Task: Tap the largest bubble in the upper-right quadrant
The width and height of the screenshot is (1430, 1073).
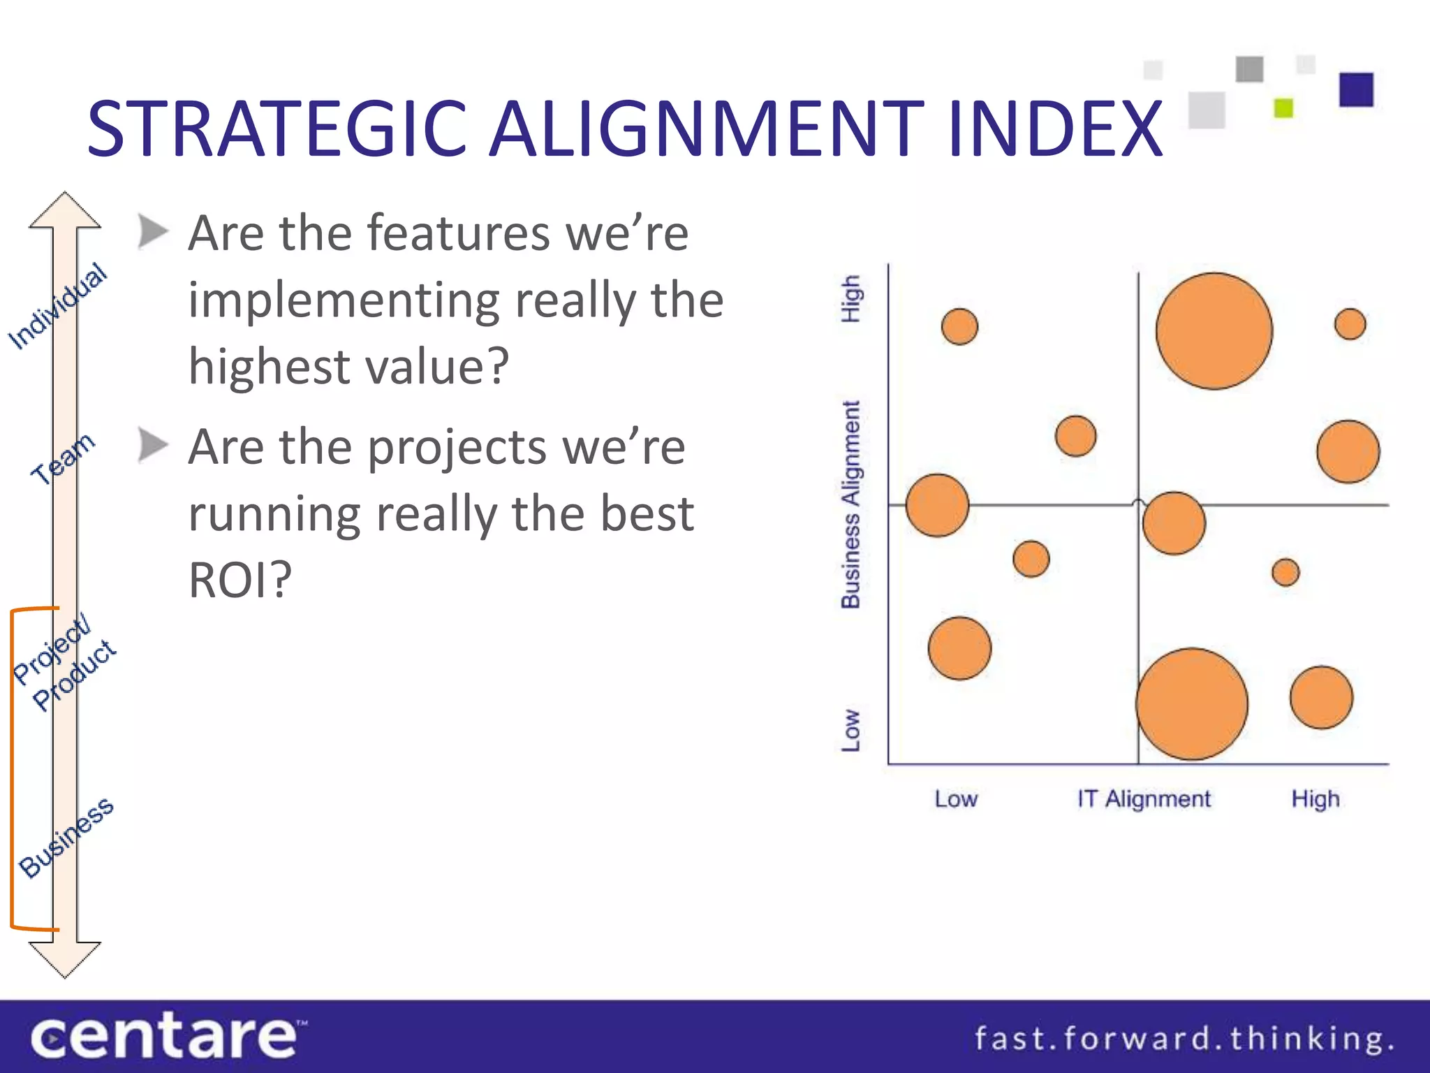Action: point(1214,330)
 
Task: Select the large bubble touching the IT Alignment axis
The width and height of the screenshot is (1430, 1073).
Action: point(1191,703)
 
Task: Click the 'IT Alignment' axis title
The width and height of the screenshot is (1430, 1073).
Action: point(1143,798)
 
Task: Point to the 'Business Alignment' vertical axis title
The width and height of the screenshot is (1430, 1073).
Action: point(850,504)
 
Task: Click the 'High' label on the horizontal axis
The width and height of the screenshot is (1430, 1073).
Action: point(1315,798)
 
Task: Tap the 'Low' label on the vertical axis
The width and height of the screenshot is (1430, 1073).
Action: point(850,730)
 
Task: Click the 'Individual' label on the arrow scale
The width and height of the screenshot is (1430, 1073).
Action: point(58,306)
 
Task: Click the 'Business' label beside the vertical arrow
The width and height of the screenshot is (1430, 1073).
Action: point(66,837)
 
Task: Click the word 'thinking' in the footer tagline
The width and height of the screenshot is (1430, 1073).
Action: point(1310,1038)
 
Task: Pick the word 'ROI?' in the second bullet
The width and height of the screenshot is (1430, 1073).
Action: point(239,580)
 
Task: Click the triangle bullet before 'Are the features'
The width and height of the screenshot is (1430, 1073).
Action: point(153,231)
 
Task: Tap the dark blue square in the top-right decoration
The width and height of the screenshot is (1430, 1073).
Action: point(1356,89)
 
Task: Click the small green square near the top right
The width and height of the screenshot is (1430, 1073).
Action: point(1283,108)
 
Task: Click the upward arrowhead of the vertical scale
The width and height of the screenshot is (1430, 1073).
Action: point(65,210)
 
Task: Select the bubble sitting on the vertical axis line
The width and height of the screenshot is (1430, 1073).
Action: point(937,505)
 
